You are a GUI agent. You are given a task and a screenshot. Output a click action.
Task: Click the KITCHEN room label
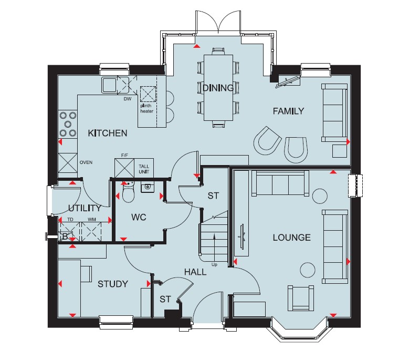(108, 133)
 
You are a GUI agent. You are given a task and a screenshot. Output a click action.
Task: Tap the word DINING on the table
(218, 88)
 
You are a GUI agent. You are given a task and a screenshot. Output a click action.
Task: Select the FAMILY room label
(288, 111)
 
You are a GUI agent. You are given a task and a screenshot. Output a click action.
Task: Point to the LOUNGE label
(292, 238)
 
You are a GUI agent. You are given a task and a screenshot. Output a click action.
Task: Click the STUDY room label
(113, 284)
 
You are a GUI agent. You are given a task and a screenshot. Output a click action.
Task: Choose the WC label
(139, 217)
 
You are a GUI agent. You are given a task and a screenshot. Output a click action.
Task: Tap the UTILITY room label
(85, 208)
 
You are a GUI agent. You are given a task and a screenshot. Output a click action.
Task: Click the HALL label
(195, 272)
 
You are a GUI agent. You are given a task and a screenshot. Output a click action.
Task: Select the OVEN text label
(86, 162)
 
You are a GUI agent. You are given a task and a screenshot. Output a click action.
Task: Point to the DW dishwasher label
(128, 99)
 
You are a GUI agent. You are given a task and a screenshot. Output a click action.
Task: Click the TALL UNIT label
(144, 169)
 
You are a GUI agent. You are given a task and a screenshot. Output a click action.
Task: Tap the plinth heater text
(147, 108)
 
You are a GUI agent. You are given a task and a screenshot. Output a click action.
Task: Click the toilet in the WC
(128, 192)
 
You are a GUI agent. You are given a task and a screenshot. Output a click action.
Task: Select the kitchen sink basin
(109, 85)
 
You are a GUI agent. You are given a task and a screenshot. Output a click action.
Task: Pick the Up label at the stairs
(214, 264)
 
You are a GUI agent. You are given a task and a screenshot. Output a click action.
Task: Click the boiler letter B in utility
(65, 236)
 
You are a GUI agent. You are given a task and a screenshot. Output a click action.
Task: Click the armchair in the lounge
(300, 298)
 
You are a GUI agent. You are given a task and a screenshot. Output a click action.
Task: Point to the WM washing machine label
(91, 220)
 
